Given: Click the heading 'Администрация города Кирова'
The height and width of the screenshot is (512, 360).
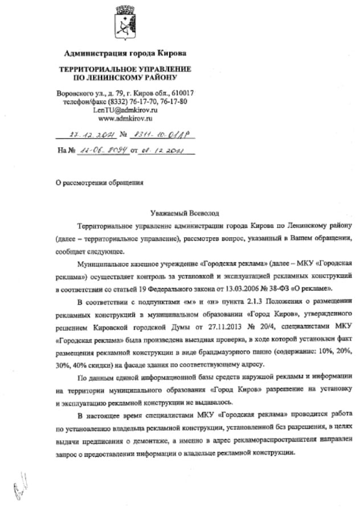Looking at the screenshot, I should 125,54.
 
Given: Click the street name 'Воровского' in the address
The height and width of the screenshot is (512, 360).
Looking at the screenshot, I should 75,93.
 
